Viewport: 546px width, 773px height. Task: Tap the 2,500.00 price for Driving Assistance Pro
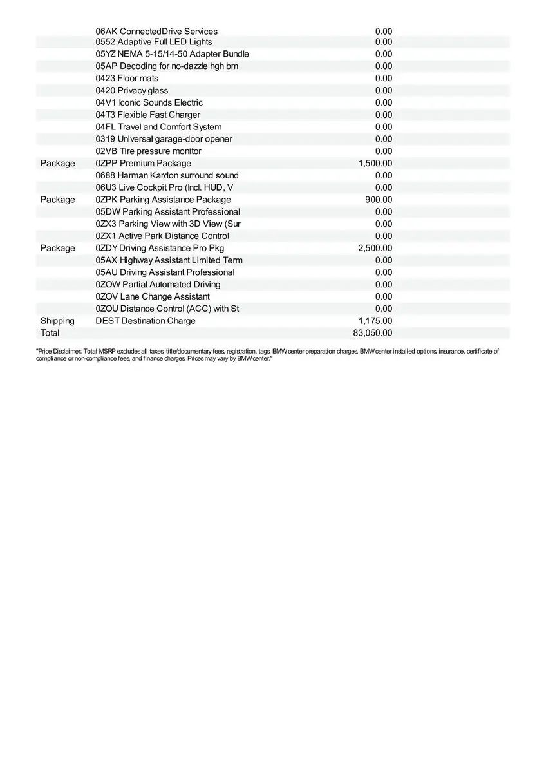click(x=375, y=248)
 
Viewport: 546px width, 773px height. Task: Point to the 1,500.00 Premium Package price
click(x=375, y=164)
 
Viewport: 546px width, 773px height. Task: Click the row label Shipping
click(x=57, y=321)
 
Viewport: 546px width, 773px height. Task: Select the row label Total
click(x=50, y=333)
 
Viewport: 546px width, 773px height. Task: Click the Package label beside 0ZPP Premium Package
click(x=57, y=164)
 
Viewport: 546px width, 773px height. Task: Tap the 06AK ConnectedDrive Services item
click(x=156, y=32)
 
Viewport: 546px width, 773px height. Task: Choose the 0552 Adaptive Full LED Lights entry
click(x=154, y=42)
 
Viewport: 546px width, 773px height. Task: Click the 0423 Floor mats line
click(x=127, y=79)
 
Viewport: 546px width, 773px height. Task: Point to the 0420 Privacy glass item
click(x=132, y=91)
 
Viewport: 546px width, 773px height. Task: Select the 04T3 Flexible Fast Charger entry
click(x=148, y=115)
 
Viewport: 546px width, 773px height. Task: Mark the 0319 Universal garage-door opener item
click(x=164, y=139)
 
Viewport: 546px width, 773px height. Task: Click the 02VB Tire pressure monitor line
click(x=149, y=151)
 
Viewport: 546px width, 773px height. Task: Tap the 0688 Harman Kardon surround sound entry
click(x=167, y=175)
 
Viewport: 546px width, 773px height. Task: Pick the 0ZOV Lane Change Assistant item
click(x=153, y=296)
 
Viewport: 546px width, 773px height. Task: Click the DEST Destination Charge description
click(x=146, y=321)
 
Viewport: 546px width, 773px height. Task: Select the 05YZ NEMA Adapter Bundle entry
click(x=173, y=54)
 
